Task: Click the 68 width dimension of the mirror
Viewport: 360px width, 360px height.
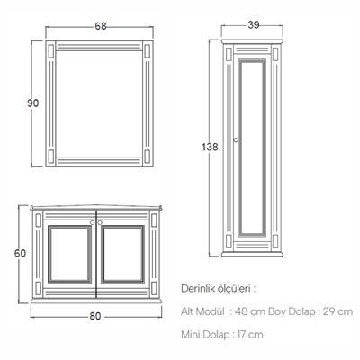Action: click(101, 26)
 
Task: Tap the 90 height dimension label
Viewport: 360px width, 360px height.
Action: click(33, 103)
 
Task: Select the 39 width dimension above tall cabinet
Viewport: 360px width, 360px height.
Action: click(254, 25)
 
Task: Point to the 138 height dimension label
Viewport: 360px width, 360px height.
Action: click(210, 147)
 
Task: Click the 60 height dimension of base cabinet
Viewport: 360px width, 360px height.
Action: click(20, 253)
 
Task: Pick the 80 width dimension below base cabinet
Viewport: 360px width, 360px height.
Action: click(95, 316)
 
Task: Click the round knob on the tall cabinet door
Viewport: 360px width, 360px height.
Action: click(236, 139)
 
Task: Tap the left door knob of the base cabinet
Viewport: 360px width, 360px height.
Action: click(93, 222)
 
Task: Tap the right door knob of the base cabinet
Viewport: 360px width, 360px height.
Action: click(100, 222)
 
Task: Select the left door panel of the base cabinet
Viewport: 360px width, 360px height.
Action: click(70, 254)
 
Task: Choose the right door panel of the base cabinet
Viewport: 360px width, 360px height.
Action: click(122, 254)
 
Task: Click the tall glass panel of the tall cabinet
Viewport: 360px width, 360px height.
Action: click(252, 147)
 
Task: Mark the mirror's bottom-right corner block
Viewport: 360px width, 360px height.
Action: click(148, 157)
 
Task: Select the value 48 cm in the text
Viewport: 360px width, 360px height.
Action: click(250, 311)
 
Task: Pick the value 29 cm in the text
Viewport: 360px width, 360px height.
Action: click(337, 311)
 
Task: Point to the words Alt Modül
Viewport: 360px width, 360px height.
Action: click(202, 311)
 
